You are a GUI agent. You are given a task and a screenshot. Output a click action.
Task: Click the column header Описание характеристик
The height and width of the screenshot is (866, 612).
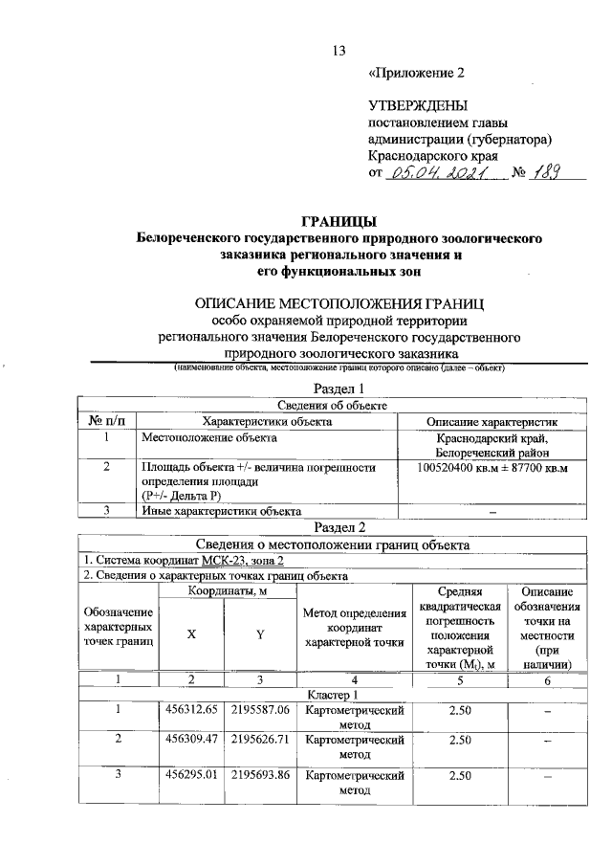(492, 420)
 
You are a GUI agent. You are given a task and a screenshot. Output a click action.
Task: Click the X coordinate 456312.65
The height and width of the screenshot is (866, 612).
(191, 710)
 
